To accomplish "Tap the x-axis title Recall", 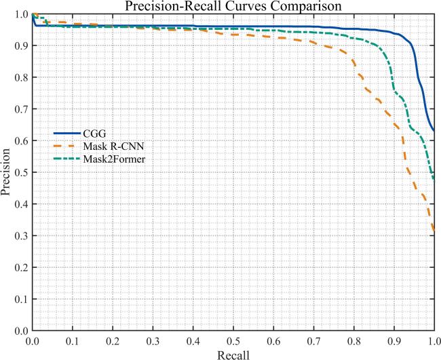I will click(233, 353).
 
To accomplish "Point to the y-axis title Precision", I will click(7, 172).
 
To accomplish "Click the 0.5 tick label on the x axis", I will click(233, 340).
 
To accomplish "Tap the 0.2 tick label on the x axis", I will click(113, 340).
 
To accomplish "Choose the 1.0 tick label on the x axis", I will click(432, 340).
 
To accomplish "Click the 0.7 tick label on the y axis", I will click(20, 108).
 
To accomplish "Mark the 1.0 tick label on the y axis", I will click(20, 14).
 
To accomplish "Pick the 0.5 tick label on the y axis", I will click(20, 172).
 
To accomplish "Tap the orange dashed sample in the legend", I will click(66, 146).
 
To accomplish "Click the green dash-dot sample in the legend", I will click(66, 159).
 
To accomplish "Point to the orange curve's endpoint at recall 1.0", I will click(434, 232).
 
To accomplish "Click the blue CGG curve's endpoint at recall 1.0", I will click(434, 130).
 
